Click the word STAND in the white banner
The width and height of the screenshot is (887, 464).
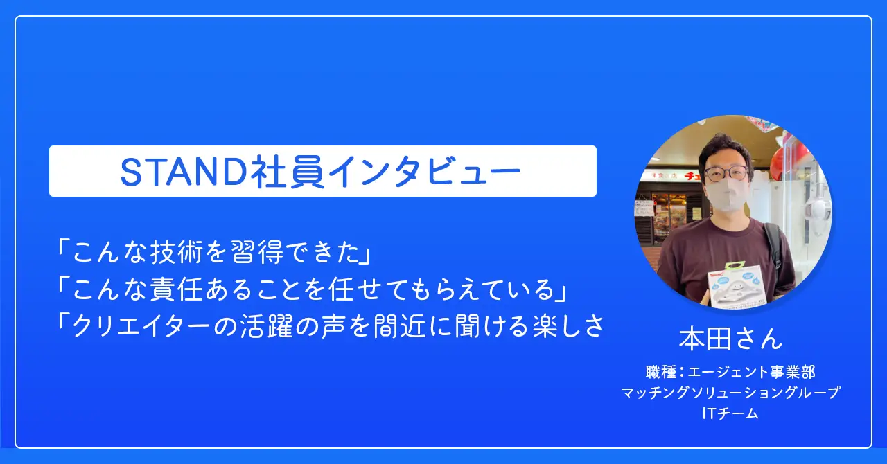coord(184,172)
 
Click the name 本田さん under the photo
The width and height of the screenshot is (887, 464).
coord(731,339)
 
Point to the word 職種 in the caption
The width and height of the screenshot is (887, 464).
coord(660,372)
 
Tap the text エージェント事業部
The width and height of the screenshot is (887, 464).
coord(751,372)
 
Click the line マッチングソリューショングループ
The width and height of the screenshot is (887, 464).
coord(730,393)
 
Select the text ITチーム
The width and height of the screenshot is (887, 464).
coord(730,413)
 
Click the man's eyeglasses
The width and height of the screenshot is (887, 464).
coord(726,173)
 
